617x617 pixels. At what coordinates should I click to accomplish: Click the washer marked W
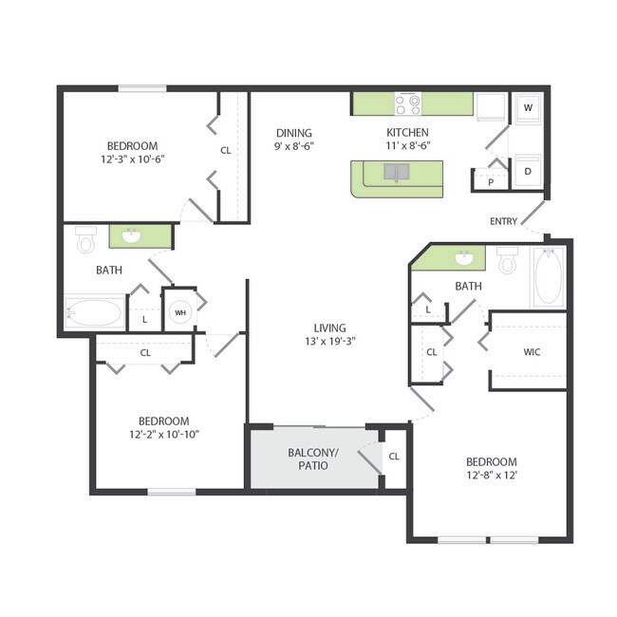coord(528,108)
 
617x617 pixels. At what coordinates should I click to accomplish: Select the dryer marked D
coord(528,171)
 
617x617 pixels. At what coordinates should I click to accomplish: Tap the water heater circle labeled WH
coord(179,312)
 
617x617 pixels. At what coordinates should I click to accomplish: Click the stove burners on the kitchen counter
coord(409,103)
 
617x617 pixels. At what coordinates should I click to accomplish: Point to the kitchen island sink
coord(396,172)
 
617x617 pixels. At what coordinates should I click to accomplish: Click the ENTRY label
coord(503,221)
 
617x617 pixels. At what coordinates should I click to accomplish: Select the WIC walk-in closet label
coord(532,352)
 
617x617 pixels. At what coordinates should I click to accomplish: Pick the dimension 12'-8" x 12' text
coord(491,475)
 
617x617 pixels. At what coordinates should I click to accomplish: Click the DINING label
coord(294,133)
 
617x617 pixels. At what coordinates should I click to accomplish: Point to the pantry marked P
coord(492,182)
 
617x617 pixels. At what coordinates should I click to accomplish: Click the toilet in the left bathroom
coord(86,241)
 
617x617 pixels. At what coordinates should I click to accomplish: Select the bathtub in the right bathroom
coord(548,276)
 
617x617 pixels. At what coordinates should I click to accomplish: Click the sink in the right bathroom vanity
coord(463,258)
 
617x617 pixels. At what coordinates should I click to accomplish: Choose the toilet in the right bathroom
coord(507,259)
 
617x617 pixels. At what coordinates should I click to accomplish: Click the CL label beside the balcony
coord(394,457)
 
